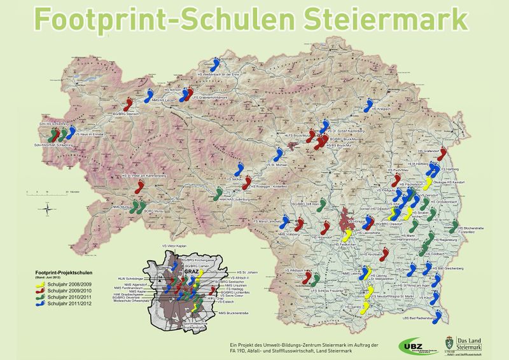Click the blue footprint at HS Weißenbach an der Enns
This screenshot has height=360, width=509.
pos(217,65)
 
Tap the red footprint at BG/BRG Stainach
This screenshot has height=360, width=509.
pos(129,104)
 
